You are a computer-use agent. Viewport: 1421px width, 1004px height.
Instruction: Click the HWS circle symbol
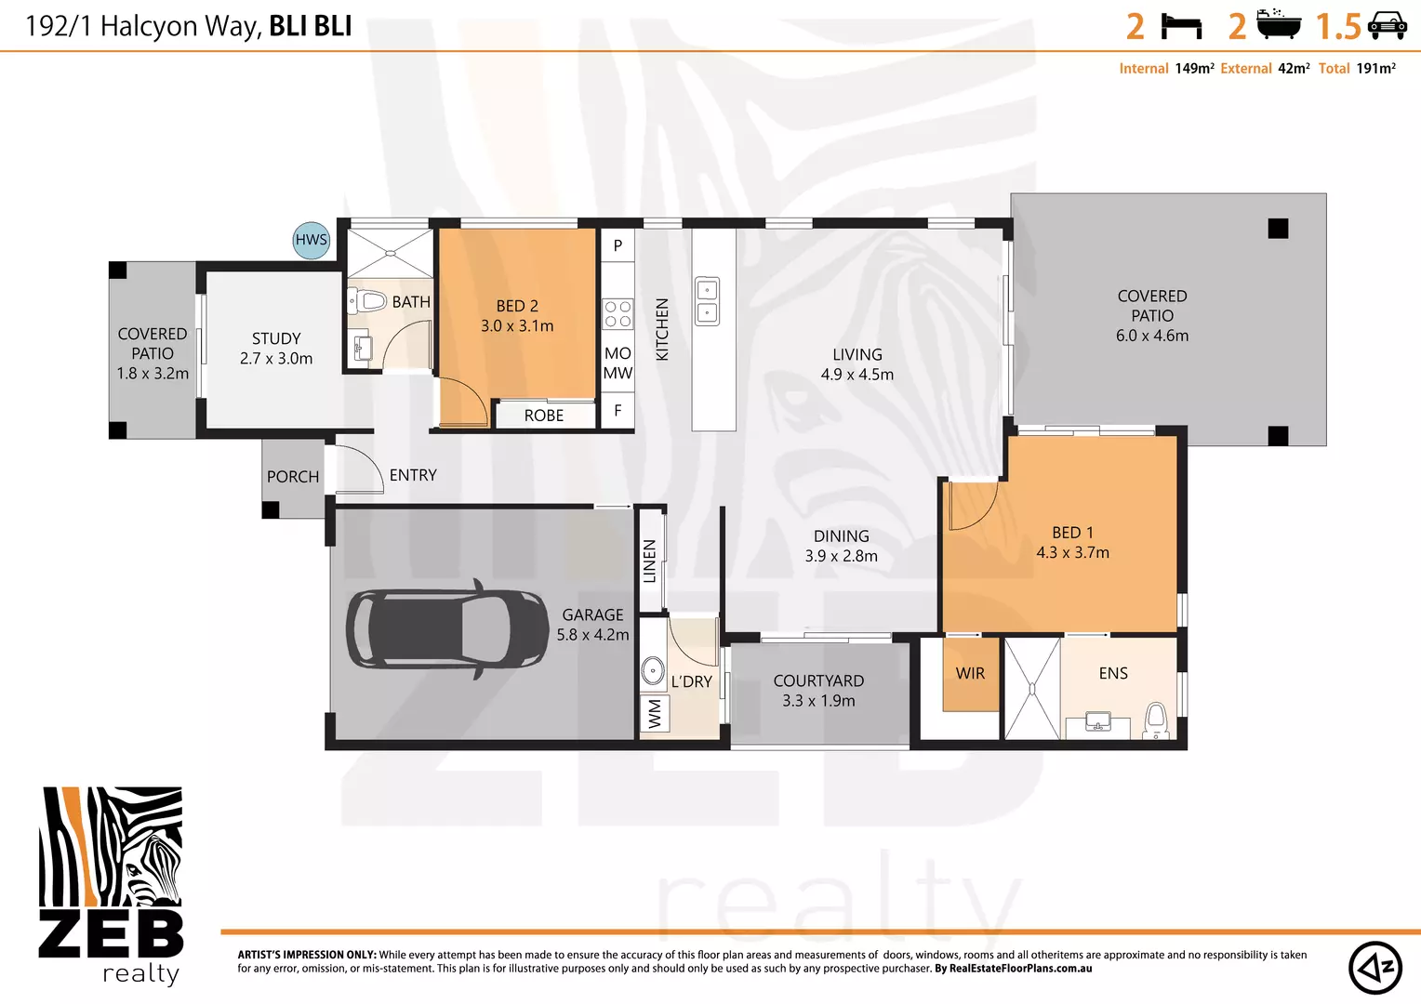tap(311, 240)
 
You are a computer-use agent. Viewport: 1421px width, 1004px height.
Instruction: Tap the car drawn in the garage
tap(446, 629)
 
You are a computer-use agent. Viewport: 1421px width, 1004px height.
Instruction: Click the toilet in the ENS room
tap(1156, 719)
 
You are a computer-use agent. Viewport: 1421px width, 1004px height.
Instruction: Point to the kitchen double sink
tap(707, 301)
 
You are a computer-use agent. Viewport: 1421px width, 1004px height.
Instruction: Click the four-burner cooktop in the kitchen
tap(618, 314)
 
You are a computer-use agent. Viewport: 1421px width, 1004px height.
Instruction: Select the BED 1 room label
tap(1072, 533)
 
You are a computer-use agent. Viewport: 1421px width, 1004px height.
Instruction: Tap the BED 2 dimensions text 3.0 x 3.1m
tap(517, 326)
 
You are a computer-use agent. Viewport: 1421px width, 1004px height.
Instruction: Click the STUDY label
tap(276, 338)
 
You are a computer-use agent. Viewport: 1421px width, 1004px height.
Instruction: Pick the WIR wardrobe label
tap(970, 673)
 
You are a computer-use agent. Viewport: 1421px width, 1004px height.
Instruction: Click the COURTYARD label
tap(818, 681)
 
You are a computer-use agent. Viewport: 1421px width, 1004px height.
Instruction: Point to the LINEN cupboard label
tap(650, 561)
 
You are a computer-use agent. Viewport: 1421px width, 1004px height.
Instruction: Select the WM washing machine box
tap(655, 713)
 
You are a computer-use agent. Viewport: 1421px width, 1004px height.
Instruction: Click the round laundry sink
tap(653, 669)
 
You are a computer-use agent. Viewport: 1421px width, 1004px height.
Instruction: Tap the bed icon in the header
tap(1182, 26)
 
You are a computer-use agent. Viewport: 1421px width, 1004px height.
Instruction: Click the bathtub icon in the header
tap(1279, 24)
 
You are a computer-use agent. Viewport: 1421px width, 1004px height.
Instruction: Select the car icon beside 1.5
tap(1387, 26)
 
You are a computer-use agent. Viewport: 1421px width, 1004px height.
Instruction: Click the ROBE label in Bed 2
tap(544, 416)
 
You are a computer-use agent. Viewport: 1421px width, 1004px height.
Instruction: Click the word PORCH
tap(293, 477)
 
